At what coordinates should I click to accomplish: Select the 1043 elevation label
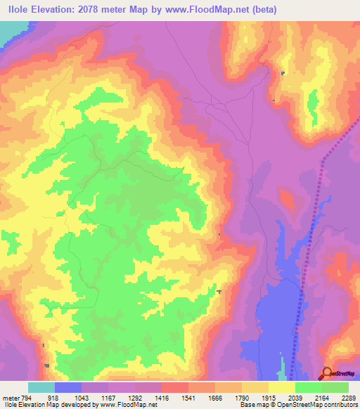point(82,397)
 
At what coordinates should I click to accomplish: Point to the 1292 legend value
point(135,397)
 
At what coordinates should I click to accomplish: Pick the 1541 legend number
point(188,397)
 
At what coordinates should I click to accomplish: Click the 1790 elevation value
point(242,397)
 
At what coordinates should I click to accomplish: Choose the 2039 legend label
point(295,397)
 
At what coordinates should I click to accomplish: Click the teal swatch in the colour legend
point(41,387)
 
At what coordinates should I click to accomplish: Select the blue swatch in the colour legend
point(68,387)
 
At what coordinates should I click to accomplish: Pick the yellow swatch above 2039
point(282,387)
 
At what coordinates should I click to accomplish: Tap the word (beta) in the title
point(263,9)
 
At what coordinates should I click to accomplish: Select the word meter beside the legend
point(9,397)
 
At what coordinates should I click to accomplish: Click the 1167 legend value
point(108,397)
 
